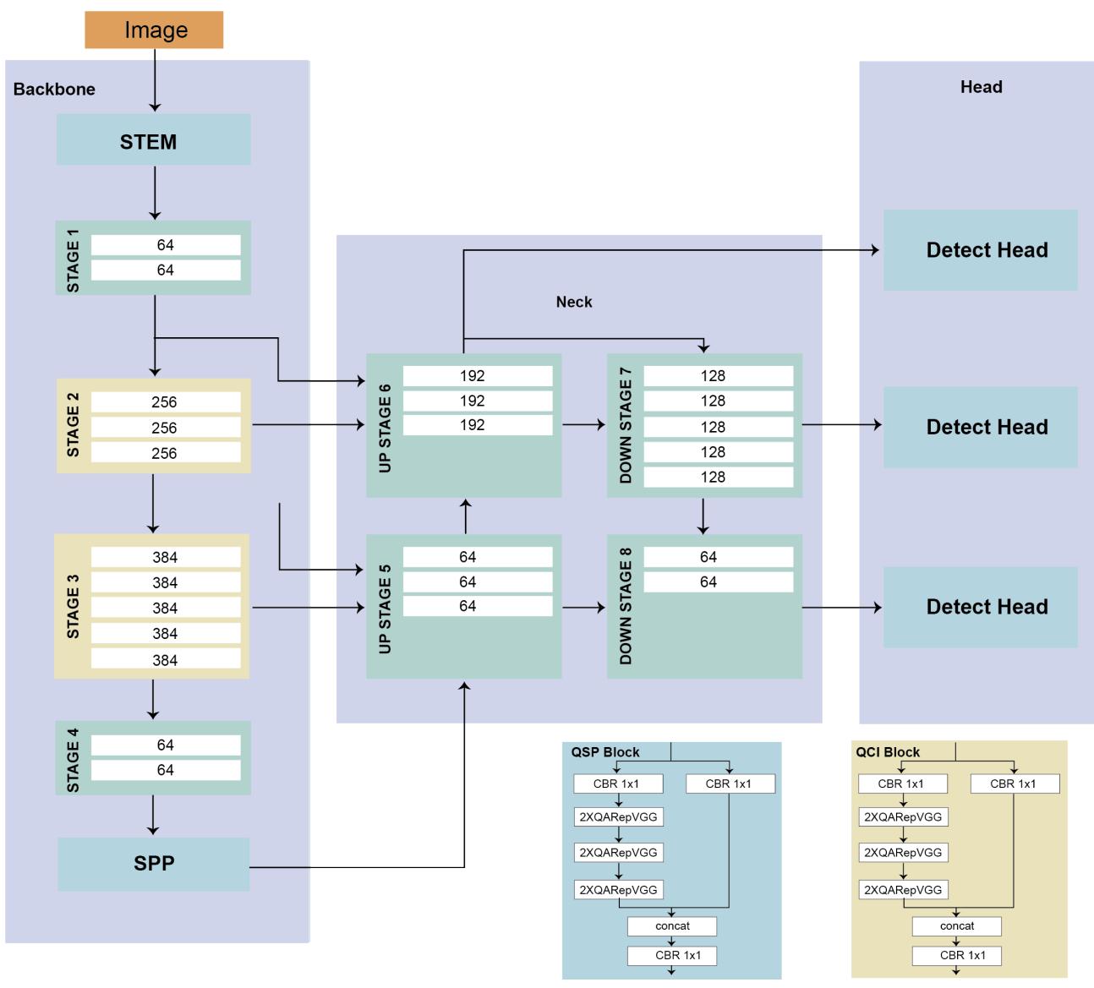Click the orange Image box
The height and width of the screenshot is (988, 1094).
154,30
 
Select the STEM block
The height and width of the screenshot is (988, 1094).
153,140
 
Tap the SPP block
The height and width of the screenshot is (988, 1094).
153,864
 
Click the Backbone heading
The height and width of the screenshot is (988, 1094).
54,90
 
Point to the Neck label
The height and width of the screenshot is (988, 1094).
574,303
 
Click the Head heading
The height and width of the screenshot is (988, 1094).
981,87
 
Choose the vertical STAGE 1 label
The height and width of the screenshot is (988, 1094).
73,258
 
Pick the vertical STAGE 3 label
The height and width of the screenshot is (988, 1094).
73,606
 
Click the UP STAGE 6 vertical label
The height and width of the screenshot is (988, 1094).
386,428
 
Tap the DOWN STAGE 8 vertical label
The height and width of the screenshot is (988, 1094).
626,606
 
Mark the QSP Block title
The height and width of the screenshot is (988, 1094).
605,752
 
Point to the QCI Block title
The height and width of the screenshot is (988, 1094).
888,752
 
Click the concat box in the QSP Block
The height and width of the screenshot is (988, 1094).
672,926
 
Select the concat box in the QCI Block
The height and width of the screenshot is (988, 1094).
956,926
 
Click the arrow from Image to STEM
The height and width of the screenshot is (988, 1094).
155,79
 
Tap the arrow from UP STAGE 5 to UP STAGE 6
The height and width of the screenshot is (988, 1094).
465,516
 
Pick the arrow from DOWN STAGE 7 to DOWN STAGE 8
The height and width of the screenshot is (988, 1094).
703,516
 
